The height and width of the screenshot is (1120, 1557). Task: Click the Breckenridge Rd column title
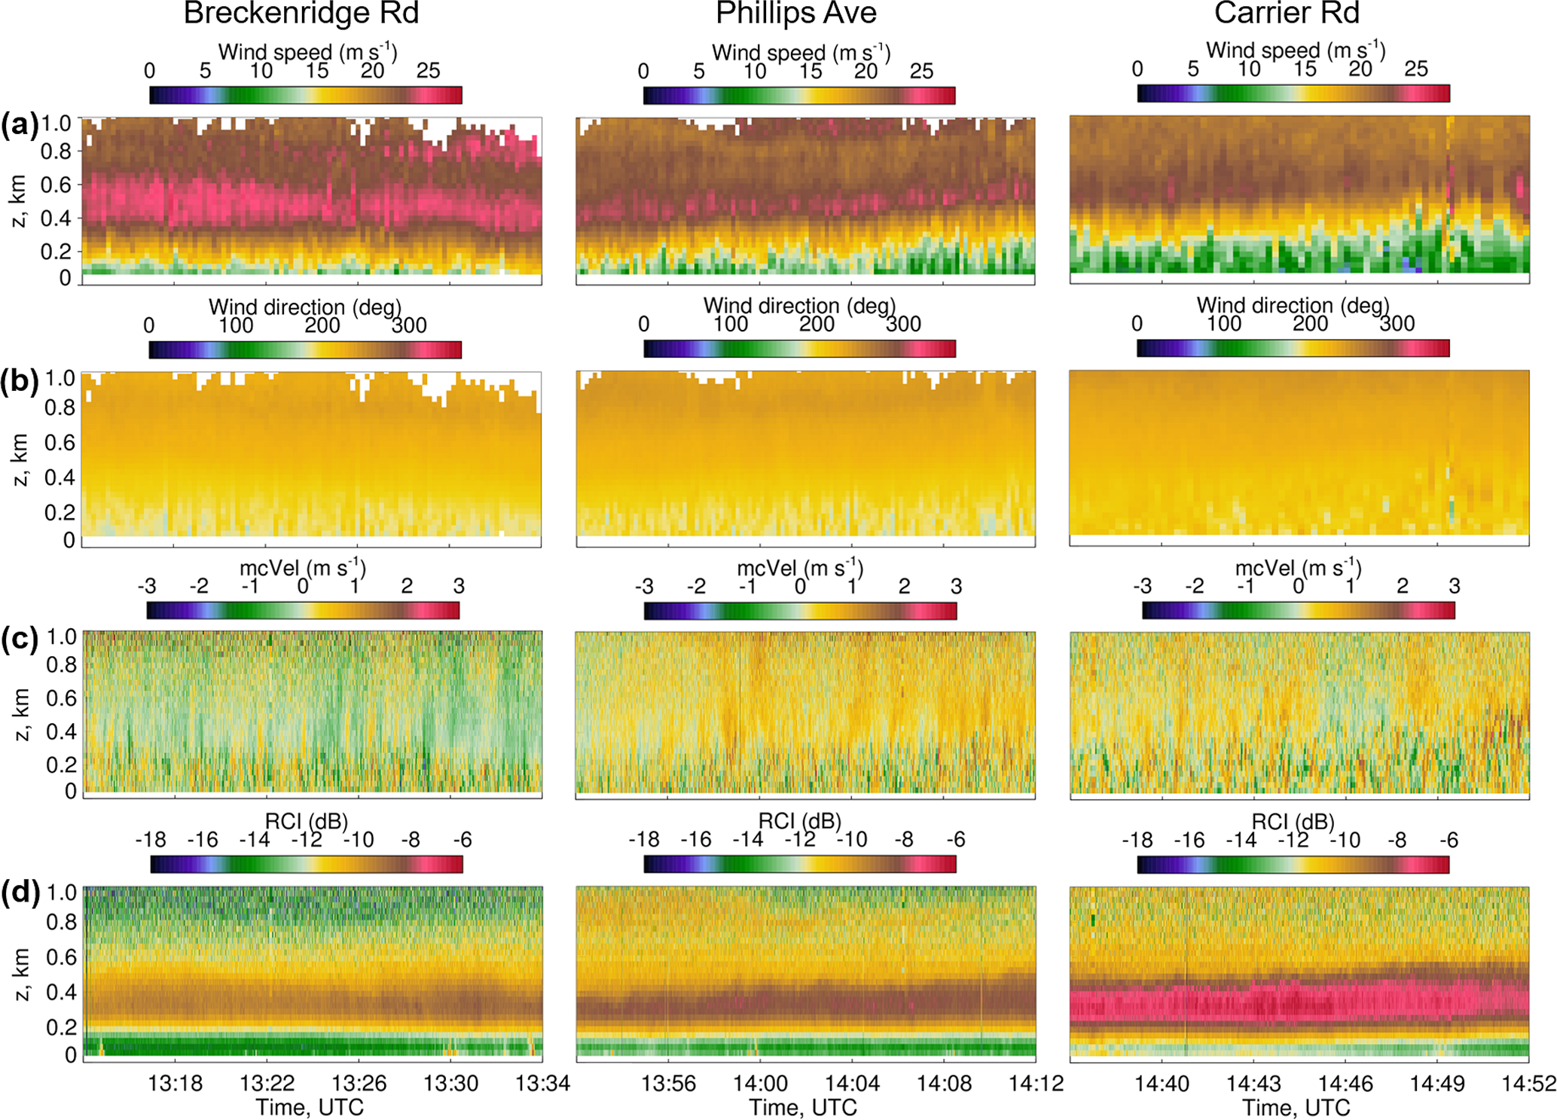pyautogui.click(x=301, y=14)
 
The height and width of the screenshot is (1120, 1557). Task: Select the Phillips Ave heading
pyautogui.click(x=796, y=14)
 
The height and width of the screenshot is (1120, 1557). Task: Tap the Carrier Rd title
pyautogui.click(x=1287, y=14)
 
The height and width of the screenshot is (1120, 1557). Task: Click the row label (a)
pyautogui.click(x=19, y=125)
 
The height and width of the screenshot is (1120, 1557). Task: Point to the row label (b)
pyautogui.click(x=19, y=381)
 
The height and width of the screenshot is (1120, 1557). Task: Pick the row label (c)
pyautogui.click(x=19, y=639)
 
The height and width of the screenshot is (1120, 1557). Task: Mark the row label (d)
pyautogui.click(x=20, y=893)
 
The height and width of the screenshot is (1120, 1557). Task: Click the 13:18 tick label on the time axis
pyautogui.click(x=175, y=1084)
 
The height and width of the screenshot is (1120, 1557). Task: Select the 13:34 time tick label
pyautogui.click(x=542, y=1084)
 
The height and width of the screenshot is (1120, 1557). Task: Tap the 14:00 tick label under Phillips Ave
pyautogui.click(x=760, y=1084)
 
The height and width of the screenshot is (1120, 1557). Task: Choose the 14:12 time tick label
pyautogui.click(x=1036, y=1084)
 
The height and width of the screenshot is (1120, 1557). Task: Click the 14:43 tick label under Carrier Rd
pyautogui.click(x=1253, y=1084)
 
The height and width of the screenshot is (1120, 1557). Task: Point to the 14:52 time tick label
pyautogui.click(x=1529, y=1084)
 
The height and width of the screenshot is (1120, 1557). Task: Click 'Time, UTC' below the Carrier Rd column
pyautogui.click(x=1296, y=1108)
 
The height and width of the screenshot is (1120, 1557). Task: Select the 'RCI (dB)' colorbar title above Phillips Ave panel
pyautogui.click(x=799, y=821)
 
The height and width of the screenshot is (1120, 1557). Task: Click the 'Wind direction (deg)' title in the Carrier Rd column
pyautogui.click(x=1293, y=305)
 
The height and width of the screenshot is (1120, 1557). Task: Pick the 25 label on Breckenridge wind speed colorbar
pyautogui.click(x=428, y=71)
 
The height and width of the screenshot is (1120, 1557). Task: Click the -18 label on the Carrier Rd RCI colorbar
pyautogui.click(x=1137, y=840)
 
